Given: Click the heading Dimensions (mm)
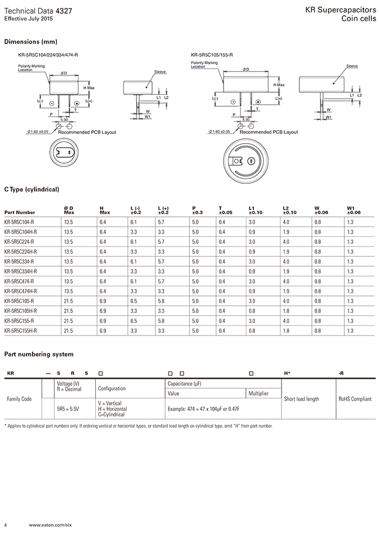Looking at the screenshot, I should click(30, 42).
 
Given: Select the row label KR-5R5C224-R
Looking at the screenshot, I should click(19, 242).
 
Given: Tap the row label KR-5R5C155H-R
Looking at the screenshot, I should click(21, 330).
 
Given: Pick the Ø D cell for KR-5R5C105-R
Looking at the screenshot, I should click(68, 301).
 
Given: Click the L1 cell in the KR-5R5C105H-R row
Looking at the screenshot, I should click(252, 311).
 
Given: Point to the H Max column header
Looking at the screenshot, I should click(104, 210).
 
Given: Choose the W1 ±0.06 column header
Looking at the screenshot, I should click(354, 210).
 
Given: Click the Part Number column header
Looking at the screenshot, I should click(19, 213).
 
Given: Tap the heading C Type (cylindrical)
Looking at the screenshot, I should click(31, 189).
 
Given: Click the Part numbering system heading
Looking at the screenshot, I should click(38, 354).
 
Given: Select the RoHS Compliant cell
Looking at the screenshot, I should click(355, 398).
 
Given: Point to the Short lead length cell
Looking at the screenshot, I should click(301, 398).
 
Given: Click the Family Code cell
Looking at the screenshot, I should click(19, 398).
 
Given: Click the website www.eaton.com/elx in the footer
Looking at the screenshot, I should click(50, 525).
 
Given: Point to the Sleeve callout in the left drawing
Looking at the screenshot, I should click(160, 72).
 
